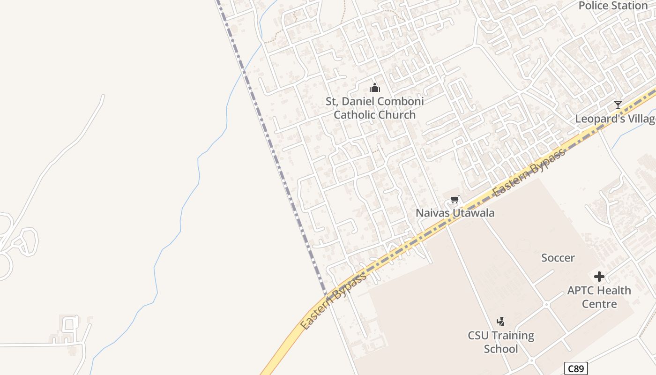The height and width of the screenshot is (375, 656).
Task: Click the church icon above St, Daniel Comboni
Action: [374, 88]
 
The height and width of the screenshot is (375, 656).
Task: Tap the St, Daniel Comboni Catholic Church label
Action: [374, 108]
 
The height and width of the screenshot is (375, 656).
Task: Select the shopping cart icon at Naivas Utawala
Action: [455, 200]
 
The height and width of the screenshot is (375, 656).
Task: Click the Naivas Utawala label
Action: [455, 213]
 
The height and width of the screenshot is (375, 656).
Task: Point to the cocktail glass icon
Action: [618, 105]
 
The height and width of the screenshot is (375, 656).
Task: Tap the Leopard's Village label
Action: [615, 119]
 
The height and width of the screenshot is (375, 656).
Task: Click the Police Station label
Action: [613, 6]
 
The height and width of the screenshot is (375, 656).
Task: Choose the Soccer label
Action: [558, 258]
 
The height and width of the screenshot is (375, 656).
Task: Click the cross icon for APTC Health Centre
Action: [599, 277]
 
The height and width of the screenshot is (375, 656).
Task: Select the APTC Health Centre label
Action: [599, 297]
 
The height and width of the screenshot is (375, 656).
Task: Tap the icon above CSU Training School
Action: [500, 322]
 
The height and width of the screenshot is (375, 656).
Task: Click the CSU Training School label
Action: [501, 342]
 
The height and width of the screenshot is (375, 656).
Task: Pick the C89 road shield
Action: [575, 368]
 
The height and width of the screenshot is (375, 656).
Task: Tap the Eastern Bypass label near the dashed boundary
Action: [333, 300]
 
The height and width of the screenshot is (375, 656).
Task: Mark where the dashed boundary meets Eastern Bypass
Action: [327, 295]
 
